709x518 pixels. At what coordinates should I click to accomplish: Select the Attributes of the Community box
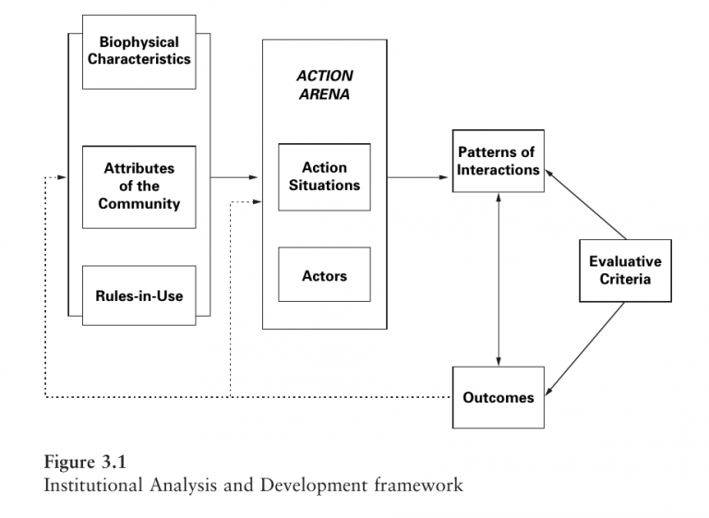point(138,187)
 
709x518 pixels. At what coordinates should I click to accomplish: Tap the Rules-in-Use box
point(138,295)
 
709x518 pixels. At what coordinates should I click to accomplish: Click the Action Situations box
point(324,176)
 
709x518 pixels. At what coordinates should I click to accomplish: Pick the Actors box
point(324,275)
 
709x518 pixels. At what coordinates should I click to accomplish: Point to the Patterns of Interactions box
point(498,162)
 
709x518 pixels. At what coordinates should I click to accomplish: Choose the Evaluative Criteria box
point(625,270)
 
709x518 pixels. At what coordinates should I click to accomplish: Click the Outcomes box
point(498,397)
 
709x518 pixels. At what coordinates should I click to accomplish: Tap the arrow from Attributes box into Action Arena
point(235,176)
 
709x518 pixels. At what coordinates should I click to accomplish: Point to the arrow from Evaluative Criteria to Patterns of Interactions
point(586,202)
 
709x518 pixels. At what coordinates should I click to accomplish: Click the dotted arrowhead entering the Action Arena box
point(257,202)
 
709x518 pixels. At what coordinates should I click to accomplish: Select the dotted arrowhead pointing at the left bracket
point(62,176)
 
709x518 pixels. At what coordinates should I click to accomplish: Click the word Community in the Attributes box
point(138,203)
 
